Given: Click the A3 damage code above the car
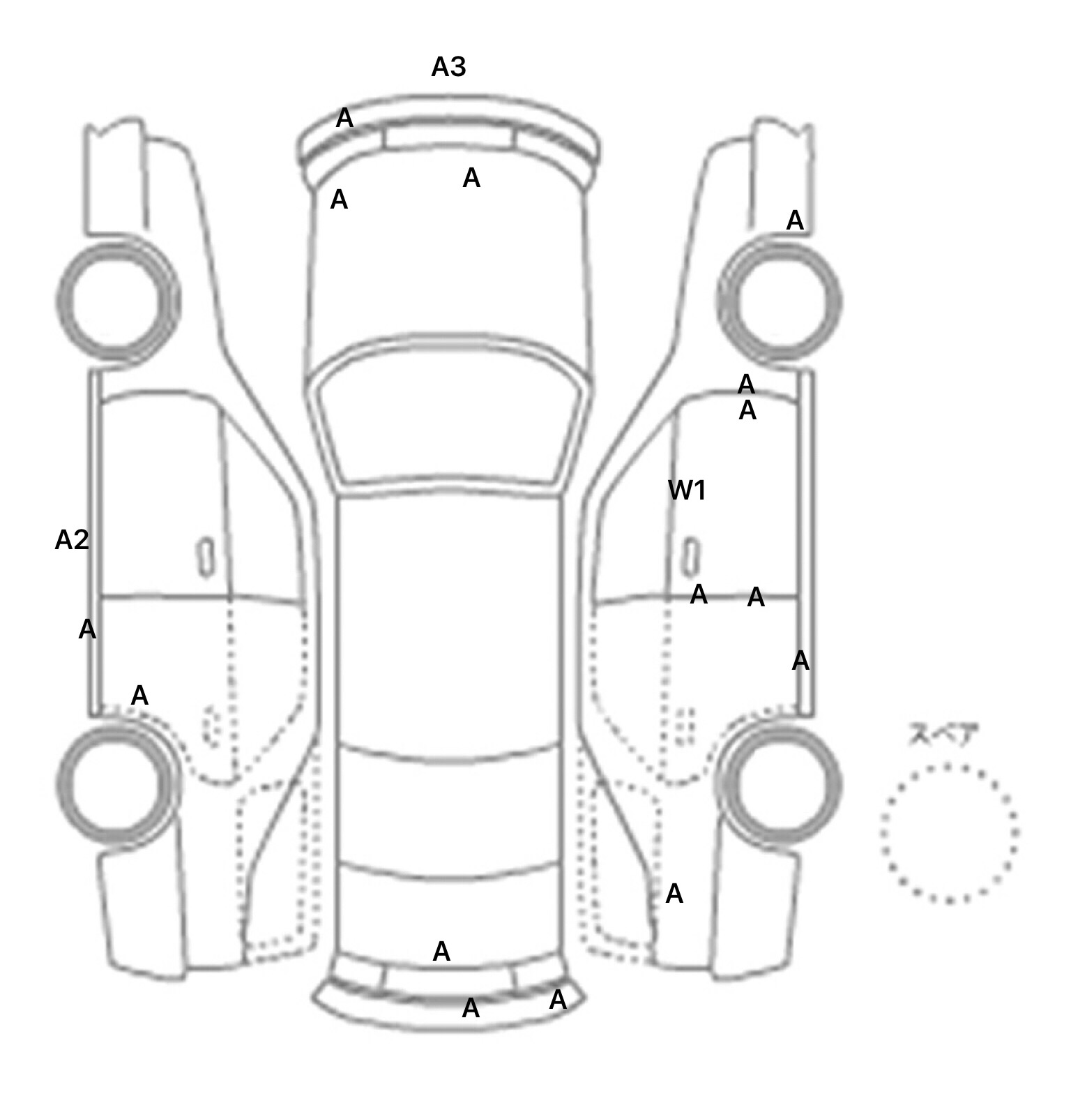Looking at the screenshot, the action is (x=448, y=67).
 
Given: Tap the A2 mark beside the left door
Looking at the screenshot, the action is (x=72, y=539).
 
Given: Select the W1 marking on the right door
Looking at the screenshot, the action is (x=687, y=490).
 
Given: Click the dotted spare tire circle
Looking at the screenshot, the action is (x=949, y=833).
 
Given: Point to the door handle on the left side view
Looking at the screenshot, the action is (x=206, y=557).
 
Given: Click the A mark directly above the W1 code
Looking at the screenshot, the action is (x=747, y=411).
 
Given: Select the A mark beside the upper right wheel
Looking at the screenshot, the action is (x=795, y=220).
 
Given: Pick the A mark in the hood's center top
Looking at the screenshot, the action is (x=471, y=179).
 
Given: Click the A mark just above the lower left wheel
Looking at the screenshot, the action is (x=139, y=696).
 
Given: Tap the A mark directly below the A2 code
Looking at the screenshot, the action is (x=86, y=629).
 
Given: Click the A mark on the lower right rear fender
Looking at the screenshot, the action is (x=674, y=894).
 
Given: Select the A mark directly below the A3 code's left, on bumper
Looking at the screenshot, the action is (x=344, y=119).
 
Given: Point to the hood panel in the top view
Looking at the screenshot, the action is (x=449, y=258).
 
